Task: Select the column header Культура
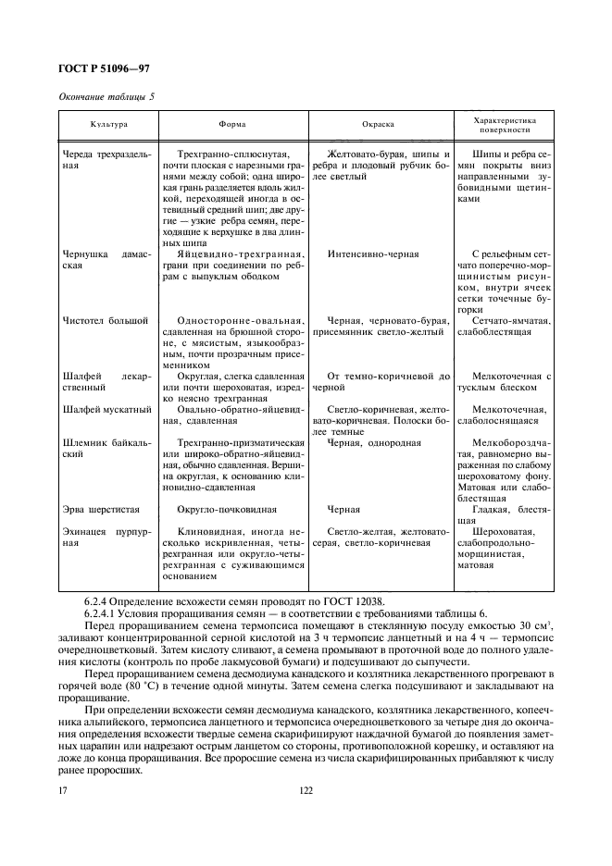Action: click(x=108, y=123)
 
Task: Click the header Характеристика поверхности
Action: click(x=505, y=123)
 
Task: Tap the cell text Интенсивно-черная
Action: click(x=373, y=254)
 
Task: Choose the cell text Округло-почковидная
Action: click(x=227, y=509)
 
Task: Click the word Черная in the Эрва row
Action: click(x=343, y=509)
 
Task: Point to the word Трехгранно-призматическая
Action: click(x=239, y=442)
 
